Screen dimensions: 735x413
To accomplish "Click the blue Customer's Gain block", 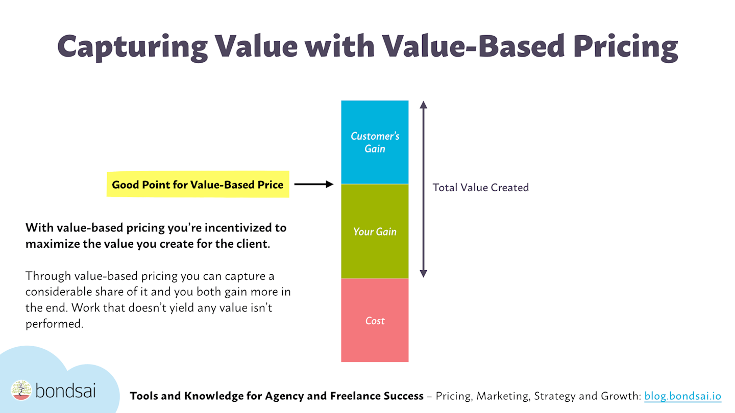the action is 375,142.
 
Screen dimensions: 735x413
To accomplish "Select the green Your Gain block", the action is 375,231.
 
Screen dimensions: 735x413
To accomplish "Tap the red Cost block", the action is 375,320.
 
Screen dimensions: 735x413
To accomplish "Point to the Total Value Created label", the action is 480,188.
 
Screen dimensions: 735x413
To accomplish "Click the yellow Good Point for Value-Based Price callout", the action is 198,185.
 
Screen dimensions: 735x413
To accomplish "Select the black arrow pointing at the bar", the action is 313,185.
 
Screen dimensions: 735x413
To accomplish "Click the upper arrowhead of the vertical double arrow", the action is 423,105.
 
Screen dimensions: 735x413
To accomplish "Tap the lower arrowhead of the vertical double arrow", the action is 423,273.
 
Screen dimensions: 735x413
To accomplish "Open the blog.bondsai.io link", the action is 682,396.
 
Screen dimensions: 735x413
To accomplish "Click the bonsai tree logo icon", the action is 21,390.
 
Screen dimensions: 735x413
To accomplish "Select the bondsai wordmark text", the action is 65,391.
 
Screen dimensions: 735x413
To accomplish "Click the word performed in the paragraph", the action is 54,324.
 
